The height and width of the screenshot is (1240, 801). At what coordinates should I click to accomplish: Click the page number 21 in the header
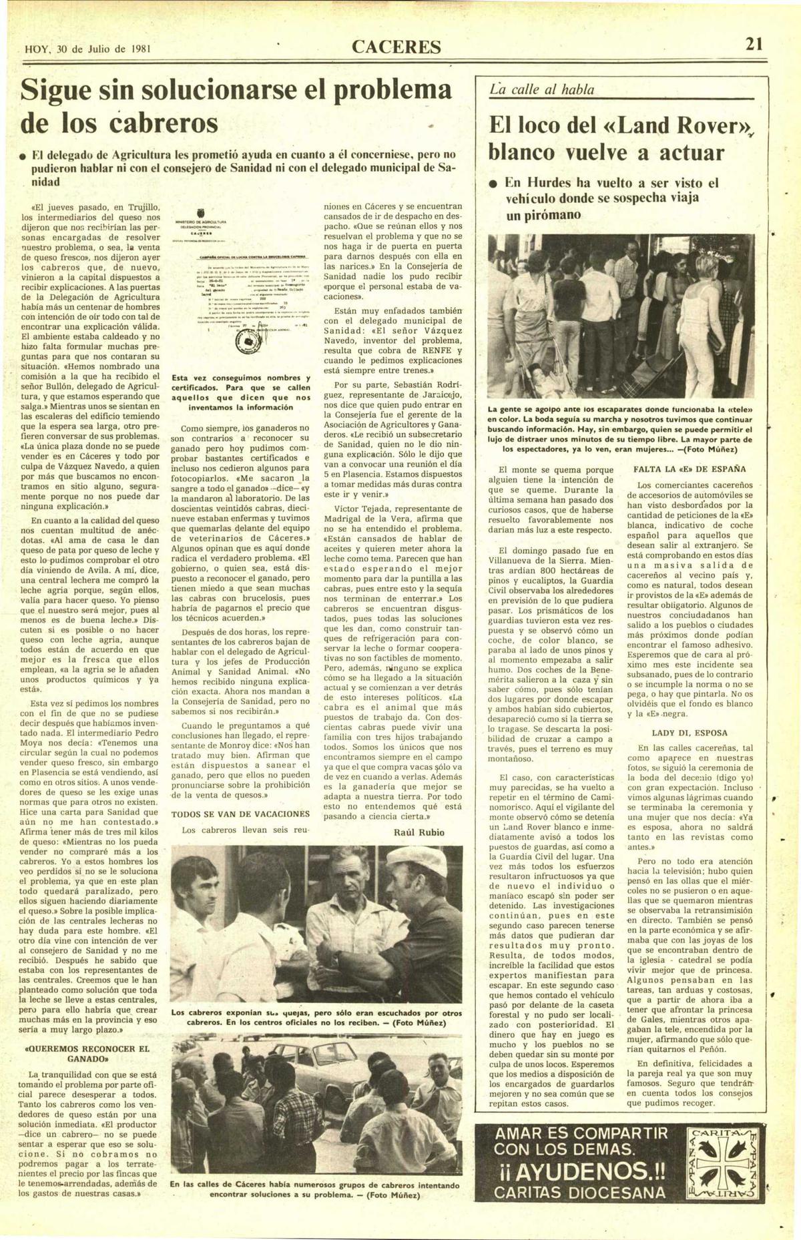(x=754, y=45)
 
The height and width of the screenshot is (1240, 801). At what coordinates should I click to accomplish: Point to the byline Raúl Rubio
(x=419, y=832)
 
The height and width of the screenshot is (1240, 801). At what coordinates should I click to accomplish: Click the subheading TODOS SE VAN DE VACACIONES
(x=240, y=814)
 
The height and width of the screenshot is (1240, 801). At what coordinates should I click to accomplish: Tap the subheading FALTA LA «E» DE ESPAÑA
(x=690, y=469)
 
